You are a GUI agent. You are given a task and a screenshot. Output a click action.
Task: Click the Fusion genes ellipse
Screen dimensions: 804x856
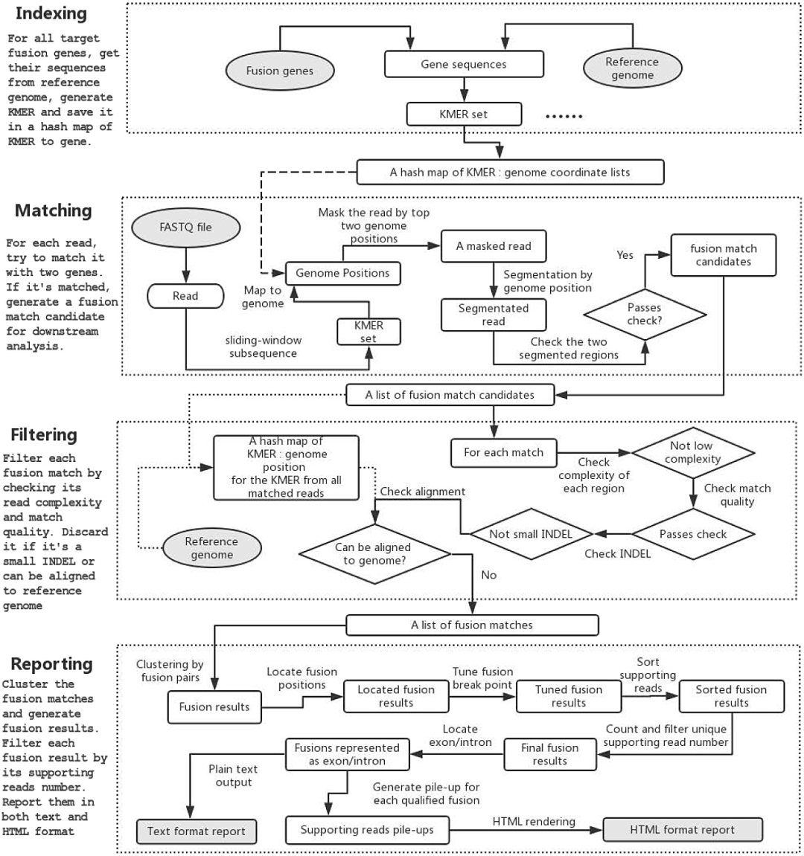(x=279, y=71)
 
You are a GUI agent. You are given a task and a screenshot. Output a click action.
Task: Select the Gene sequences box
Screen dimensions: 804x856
(x=464, y=64)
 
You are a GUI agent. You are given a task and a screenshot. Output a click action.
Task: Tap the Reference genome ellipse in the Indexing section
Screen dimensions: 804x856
(x=632, y=68)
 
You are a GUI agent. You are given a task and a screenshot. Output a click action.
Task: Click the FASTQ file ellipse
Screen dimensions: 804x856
(x=186, y=227)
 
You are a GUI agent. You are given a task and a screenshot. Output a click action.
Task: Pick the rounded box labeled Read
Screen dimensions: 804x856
(x=185, y=296)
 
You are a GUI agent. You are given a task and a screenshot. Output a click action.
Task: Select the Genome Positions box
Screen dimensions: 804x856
(x=342, y=273)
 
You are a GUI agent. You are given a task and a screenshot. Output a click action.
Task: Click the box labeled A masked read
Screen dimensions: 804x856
(x=494, y=246)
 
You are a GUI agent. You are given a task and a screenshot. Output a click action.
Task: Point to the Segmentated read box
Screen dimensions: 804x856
(x=494, y=315)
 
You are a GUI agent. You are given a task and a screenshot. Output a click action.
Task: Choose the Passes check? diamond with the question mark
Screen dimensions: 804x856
(x=645, y=315)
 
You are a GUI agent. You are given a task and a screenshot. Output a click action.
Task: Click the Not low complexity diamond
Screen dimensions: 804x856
(x=693, y=453)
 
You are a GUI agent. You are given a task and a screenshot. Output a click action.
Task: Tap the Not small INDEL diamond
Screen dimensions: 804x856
(x=532, y=534)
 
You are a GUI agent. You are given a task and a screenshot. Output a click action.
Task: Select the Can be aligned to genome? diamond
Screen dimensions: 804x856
(x=374, y=554)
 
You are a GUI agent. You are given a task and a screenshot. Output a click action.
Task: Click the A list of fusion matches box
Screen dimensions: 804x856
(x=472, y=625)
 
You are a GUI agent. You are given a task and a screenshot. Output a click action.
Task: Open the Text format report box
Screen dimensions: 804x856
(x=197, y=831)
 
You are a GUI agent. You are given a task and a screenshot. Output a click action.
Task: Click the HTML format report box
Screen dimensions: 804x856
(x=683, y=830)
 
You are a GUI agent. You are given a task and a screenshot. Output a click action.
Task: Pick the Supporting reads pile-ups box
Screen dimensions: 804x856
(x=367, y=830)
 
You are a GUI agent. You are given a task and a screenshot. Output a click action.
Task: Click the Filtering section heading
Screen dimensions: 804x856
(x=44, y=435)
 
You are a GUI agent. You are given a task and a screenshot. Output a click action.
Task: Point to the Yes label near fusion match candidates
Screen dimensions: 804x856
(x=625, y=255)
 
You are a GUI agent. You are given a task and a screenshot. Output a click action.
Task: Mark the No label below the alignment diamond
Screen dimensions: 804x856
(x=488, y=575)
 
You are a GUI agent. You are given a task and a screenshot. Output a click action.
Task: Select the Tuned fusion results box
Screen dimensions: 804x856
(x=569, y=696)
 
